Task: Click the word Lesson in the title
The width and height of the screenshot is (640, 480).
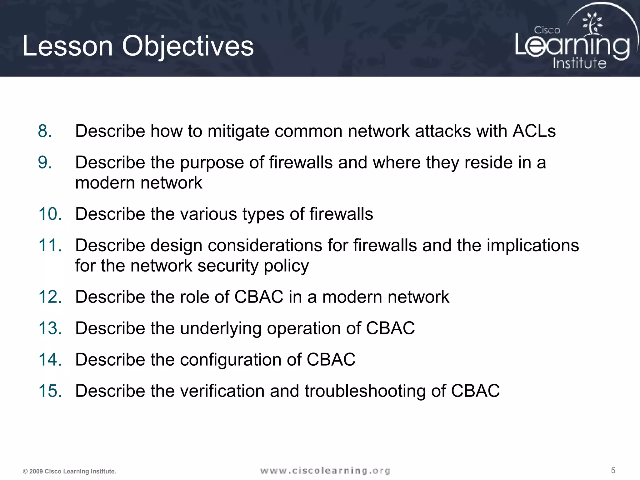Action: [67, 46]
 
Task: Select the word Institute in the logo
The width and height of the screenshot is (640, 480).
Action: [579, 63]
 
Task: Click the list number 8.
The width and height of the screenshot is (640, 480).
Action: [45, 131]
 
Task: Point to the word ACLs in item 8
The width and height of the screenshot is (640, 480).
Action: [534, 131]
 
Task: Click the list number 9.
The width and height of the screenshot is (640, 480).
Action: [45, 162]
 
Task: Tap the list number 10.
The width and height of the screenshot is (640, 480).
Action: [50, 214]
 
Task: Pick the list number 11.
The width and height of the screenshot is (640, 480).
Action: [50, 245]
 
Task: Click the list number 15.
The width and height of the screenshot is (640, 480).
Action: [50, 391]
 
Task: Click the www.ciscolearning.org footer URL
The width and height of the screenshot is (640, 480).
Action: [325, 471]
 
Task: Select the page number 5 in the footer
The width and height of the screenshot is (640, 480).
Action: [613, 470]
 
